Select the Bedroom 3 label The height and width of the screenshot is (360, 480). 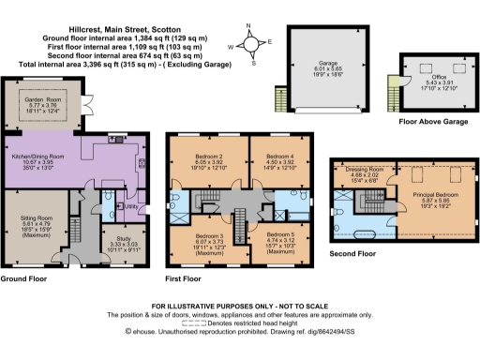click(x=209, y=235)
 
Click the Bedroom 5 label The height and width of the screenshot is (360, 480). click(x=280, y=237)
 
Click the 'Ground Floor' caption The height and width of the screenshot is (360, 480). click(x=25, y=279)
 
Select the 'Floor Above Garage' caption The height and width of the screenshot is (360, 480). click(x=419, y=120)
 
